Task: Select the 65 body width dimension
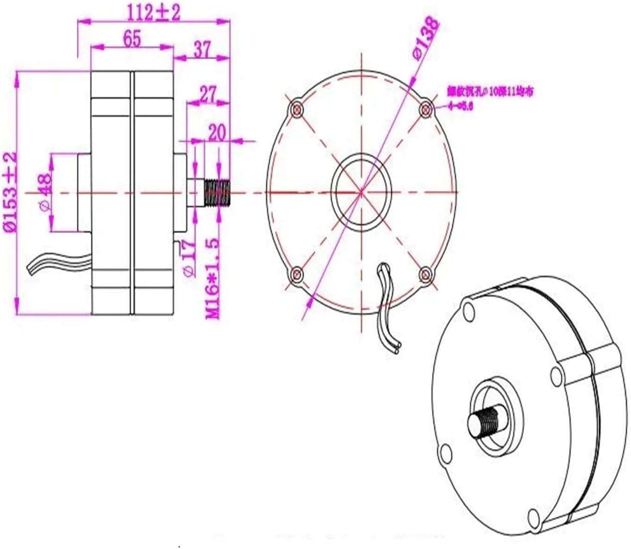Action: (x=132, y=39)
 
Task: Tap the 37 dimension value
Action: (x=202, y=49)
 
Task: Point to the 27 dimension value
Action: (x=208, y=95)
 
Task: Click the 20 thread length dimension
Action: (x=216, y=132)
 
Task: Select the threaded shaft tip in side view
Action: (x=218, y=192)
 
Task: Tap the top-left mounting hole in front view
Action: (x=297, y=110)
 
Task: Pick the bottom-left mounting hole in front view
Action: (x=297, y=274)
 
